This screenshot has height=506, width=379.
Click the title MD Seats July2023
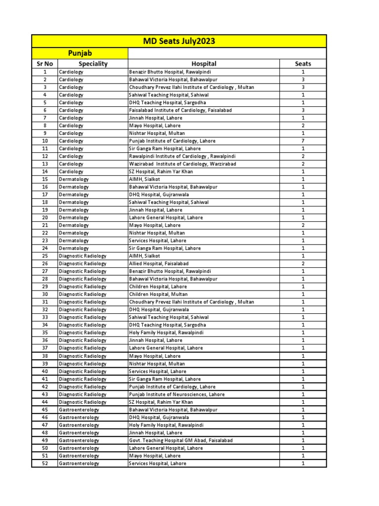pyautogui.click(x=179, y=41)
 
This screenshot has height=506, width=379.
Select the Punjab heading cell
pyautogui.click(x=80, y=53)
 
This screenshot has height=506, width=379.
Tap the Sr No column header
pyautogui.click(x=45, y=64)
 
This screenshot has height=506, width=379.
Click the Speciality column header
pyautogui.click(x=93, y=64)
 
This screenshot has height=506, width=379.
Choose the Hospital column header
pyautogui.click(x=204, y=64)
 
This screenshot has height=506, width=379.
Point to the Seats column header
pyautogui.click(x=303, y=64)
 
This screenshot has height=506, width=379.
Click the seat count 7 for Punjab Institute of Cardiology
pyautogui.click(x=303, y=141)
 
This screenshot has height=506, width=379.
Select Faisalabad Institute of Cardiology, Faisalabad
pyautogui.click(x=180, y=110)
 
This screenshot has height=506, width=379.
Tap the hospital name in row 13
pyautogui.click(x=182, y=164)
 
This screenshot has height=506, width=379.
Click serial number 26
pyautogui.click(x=45, y=263)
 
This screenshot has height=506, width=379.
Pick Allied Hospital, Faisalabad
pyautogui.click(x=158, y=263)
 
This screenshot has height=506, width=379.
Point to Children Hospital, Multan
pyautogui.click(x=158, y=294)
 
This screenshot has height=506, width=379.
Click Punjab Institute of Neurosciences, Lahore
pyautogui.click(x=177, y=394)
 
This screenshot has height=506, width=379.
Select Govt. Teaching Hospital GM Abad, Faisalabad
pyautogui.click(x=181, y=440)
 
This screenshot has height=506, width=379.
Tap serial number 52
pyautogui.click(x=45, y=464)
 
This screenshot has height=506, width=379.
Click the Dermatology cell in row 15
pyautogui.click(x=74, y=179)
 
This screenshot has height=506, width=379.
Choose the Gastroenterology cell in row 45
pyautogui.click(x=79, y=410)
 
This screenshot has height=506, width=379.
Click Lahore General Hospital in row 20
pyautogui.click(x=166, y=217)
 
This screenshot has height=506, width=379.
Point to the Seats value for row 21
pyautogui.click(x=303, y=225)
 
